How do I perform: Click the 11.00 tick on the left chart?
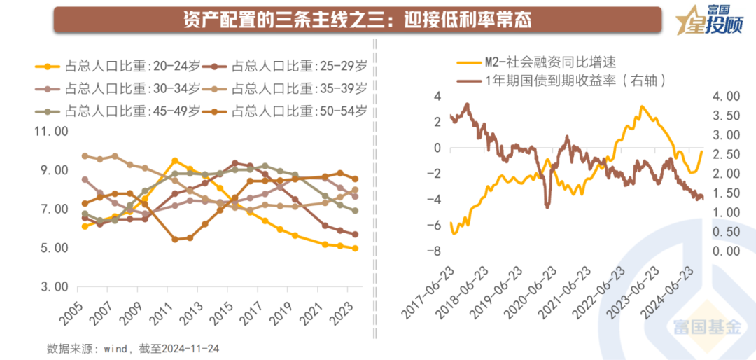(x=50, y=132)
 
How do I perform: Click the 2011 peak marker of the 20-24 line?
(x=175, y=160)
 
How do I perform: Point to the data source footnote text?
(x=134, y=347)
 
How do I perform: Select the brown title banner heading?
(x=357, y=19)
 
